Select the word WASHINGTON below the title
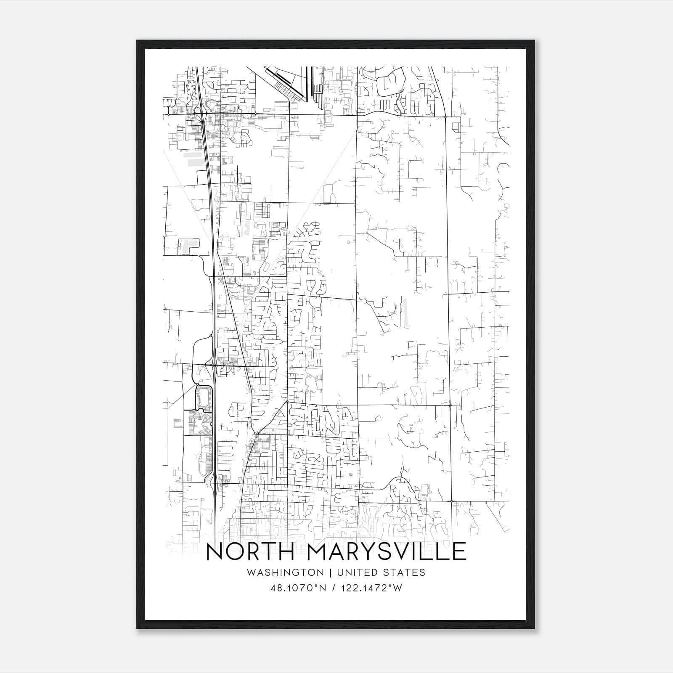point(285,572)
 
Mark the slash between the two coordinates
point(334,588)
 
